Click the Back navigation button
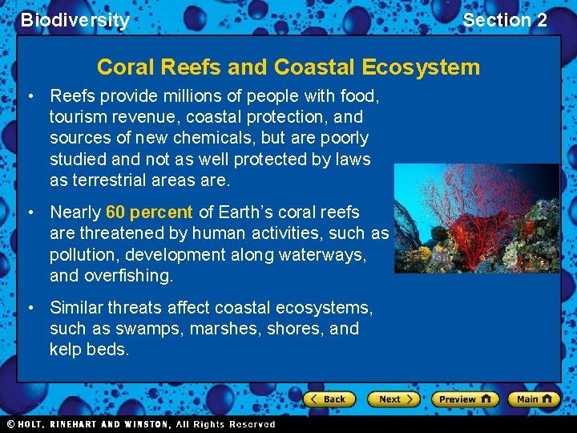(329, 399)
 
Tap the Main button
(535, 399)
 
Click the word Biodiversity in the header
(75, 20)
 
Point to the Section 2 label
(505, 20)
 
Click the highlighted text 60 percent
(149, 212)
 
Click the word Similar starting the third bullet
(79, 308)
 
